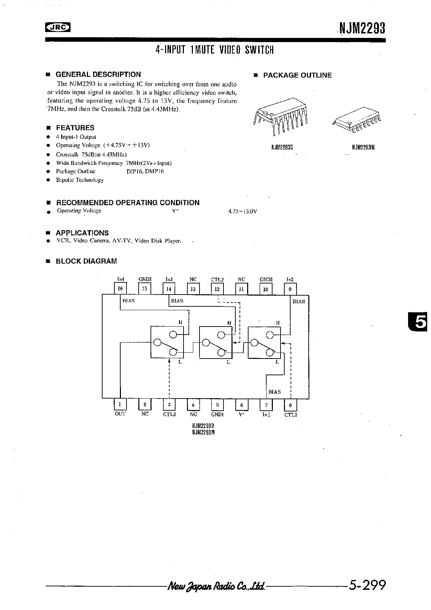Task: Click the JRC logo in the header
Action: [58, 27]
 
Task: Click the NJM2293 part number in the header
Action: [362, 28]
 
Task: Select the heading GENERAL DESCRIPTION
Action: [98, 74]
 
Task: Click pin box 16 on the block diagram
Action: [121, 289]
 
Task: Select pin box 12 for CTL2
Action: [217, 289]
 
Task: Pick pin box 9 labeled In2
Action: [290, 289]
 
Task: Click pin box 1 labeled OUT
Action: [120, 404]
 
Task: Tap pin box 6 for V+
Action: [242, 404]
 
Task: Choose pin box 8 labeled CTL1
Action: [290, 404]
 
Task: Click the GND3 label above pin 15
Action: [145, 279]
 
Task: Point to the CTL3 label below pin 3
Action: [169, 414]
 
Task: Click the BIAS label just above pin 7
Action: [274, 392]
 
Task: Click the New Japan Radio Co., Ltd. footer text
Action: [217, 586]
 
